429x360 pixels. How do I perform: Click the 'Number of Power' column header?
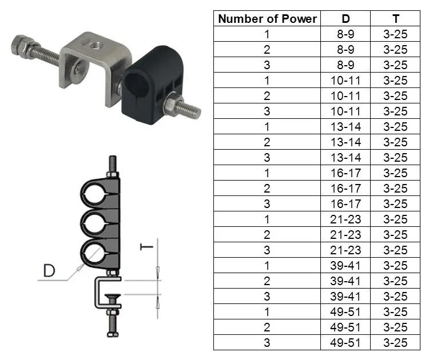coord(267,19)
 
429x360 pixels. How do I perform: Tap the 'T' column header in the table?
coord(395,19)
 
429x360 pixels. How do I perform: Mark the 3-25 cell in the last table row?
coord(395,343)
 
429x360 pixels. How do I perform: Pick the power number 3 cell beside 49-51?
coord(267,343)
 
